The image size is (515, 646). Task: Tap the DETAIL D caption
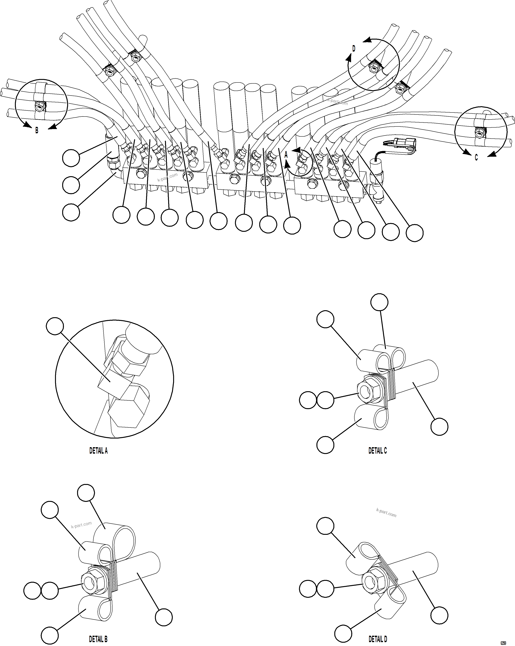(x=378, y=639)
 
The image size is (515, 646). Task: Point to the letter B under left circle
(x=37, y=131)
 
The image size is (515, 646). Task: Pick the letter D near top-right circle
(x=354, y=49)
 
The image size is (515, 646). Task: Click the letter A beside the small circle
(x=286, y=155)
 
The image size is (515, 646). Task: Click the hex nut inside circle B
(x=40, y=106)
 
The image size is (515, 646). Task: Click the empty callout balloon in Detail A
(x=55, y=326)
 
